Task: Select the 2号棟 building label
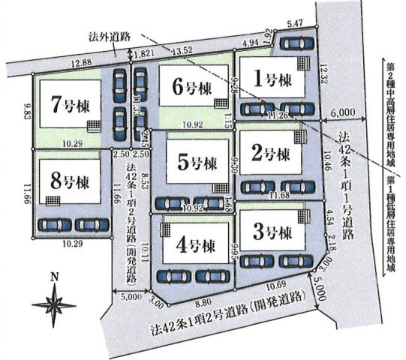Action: tap(271, 154)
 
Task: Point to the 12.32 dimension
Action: tap(324, 74)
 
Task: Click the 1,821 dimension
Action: tap(146, 53)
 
